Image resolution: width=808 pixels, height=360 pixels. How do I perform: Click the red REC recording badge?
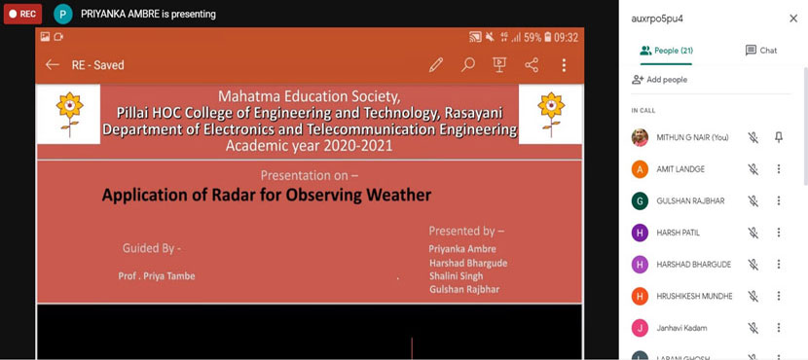point(22,15)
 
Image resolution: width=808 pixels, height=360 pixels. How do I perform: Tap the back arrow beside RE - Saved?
point(52,65)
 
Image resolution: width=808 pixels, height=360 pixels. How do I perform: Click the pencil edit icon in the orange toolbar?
point(436,65)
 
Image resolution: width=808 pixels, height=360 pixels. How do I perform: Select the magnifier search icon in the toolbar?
point(468,65)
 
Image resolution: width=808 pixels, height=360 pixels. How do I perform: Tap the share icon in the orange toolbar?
point(532,65)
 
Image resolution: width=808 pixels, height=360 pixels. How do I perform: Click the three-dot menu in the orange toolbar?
point(564,65)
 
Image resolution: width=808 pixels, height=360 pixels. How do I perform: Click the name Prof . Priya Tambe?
point(157,276)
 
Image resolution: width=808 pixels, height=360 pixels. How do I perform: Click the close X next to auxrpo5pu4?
point(793,18)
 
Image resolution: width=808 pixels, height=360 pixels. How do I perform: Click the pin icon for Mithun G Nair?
point(779,138)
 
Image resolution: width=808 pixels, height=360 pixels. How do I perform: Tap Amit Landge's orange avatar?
point(640,169)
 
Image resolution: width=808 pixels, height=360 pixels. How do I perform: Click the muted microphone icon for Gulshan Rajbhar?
point(753,200)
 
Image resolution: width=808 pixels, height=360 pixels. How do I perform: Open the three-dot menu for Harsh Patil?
point(779,233)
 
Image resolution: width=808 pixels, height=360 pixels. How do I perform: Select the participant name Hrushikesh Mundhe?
point(694,296)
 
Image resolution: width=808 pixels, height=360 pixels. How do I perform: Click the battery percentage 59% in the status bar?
point(533,37)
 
